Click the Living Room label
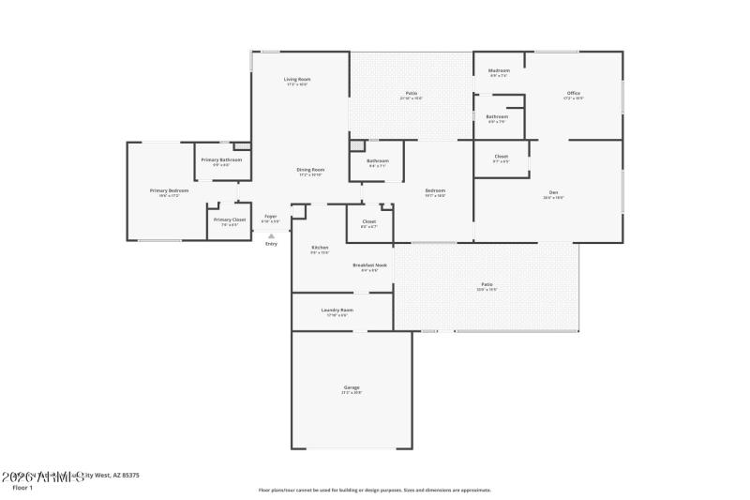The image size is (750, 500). point(297,80)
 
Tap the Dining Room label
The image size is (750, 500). point(310,170)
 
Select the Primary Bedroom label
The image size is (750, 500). point(169,190)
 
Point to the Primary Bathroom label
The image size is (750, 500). point(221,160)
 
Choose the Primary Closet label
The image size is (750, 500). point(230,220)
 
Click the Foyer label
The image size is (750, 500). point(270,217)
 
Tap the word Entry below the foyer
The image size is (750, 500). point(271,244)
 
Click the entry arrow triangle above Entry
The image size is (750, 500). point(271,235)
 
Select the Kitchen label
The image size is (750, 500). point(320,248)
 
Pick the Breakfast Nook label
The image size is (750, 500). point(370,265)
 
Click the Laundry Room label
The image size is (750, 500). point(337,310)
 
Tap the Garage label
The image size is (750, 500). point(351,387)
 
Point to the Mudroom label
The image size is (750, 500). point(499,71)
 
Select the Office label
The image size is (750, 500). point(574,94)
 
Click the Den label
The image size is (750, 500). point(554,193)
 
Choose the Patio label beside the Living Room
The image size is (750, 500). point(411,93)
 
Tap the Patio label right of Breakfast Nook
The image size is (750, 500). point(487,284)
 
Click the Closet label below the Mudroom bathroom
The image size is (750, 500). point(501,156)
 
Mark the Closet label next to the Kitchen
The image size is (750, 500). point(368,221)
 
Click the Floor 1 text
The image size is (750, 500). point(22,488)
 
